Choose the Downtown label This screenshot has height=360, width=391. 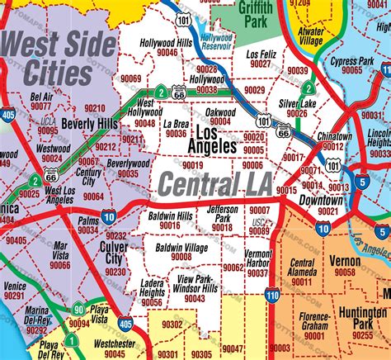(x=321, y=200)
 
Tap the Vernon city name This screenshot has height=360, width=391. (x=345, y=259)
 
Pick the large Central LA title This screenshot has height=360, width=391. (x=214, y=183)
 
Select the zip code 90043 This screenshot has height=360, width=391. (x=195, y=298)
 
